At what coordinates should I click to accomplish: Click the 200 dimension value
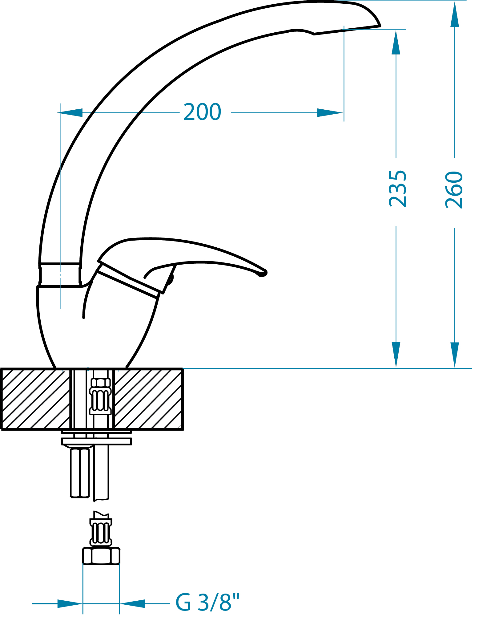[x=202, y=112]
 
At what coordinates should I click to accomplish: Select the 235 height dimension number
[x=398, y=189]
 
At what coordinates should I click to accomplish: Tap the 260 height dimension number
[x=454, y=190]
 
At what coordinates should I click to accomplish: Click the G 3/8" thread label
[x=207, y=602]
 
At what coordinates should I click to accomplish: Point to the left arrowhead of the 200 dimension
[x=70, y=113]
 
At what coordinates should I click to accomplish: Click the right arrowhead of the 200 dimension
[x=330, y=113]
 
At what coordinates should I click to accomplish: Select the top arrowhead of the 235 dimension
[x=396, y=42]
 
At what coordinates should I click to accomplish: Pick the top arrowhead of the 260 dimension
[x=455, y=14]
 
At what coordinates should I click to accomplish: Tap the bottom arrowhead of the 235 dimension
[x=396, y=355]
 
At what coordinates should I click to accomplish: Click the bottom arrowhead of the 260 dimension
[x=455, y=355]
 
